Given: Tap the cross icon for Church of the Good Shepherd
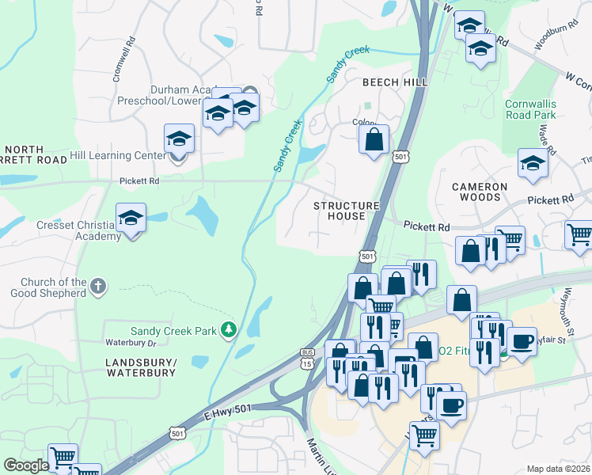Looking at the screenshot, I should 98,287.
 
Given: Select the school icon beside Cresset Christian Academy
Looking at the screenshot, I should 131,218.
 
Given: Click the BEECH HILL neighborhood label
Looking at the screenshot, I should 395,82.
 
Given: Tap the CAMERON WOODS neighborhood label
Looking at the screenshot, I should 480,192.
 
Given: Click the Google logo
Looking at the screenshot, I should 26,465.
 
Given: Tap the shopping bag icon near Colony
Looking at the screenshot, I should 374,140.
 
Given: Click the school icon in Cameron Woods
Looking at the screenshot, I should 533,164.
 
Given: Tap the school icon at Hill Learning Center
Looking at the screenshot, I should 180,139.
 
